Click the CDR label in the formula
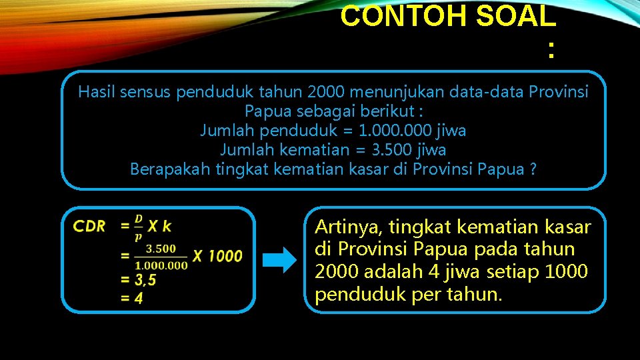point(89,226)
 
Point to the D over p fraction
point(139,227)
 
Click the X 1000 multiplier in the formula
point(217,255)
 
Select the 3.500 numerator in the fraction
point(161,249)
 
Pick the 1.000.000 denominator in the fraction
point(161,265)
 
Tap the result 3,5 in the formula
point(143,280)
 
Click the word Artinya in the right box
point(348,228)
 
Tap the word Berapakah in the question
point(170,169)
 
